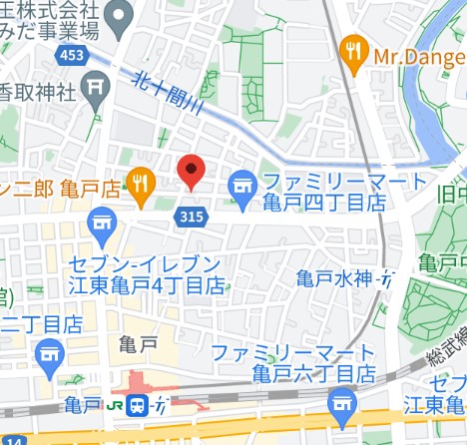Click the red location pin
click(192, 171)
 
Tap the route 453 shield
click(71, 56)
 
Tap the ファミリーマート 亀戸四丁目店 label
click(324, 192)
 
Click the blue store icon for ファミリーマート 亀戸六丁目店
click(342, 403)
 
